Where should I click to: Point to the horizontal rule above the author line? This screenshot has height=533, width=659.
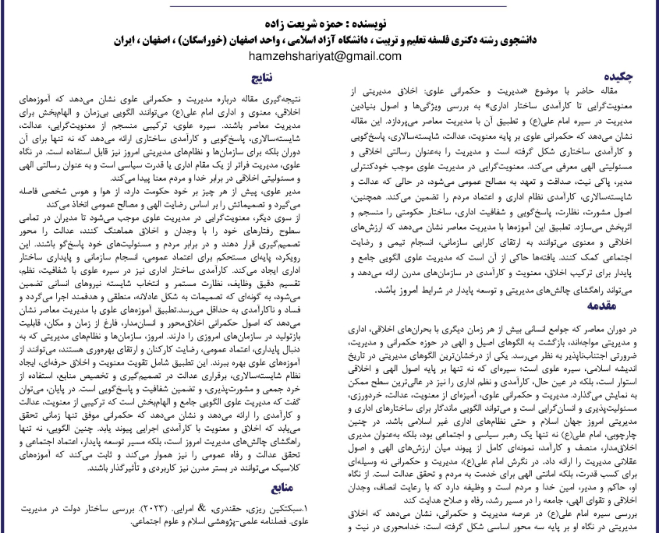329,5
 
